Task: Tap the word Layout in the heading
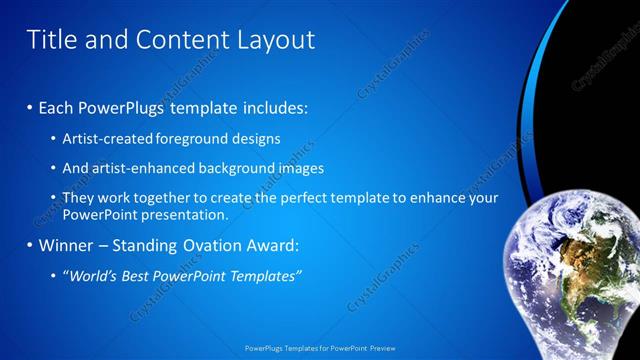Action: coord(267,40)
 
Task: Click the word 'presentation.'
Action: coord(187,214)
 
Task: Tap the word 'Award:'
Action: coord(271,245)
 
